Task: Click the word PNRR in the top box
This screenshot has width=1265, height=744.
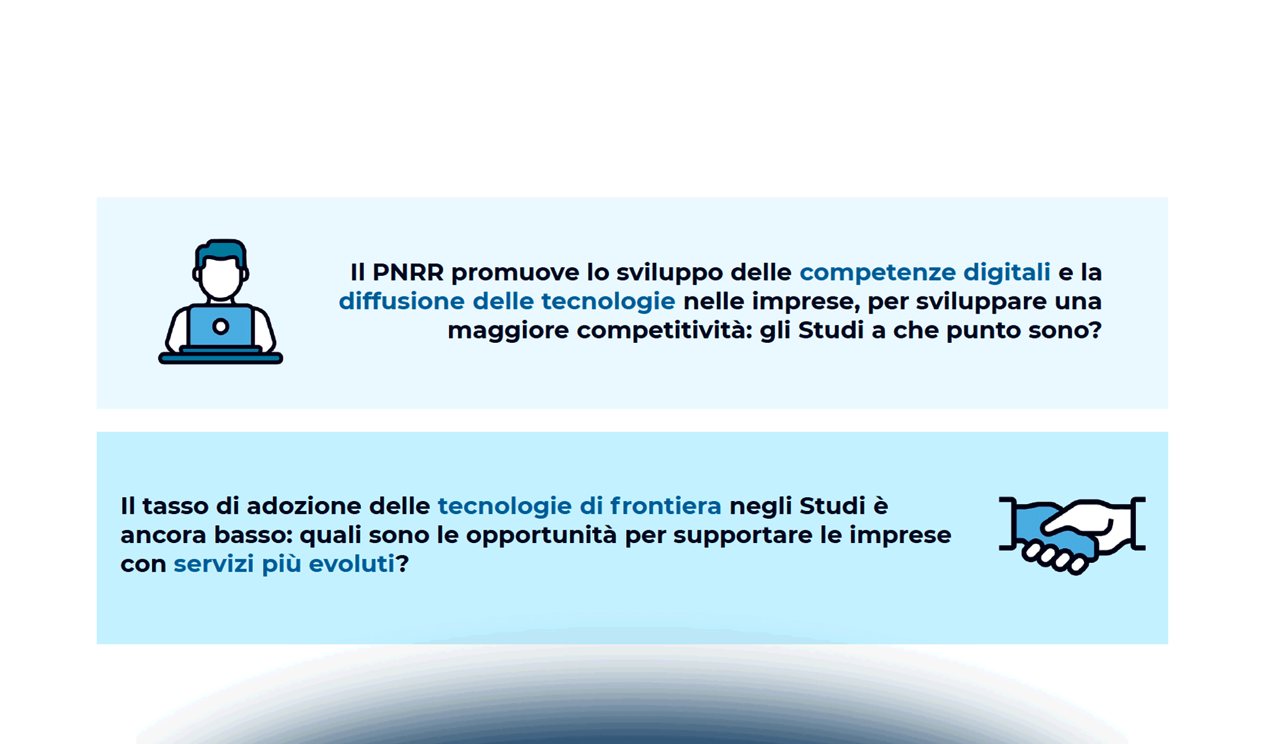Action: [x=407, y=272]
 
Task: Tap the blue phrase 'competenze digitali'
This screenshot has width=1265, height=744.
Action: [x=925, y=272]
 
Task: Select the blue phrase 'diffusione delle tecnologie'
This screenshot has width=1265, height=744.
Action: [x=507, y=301]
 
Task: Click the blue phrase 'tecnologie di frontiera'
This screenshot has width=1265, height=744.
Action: [x=579, y=506]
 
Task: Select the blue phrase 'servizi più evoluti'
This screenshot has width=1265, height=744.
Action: [x=283, y=564]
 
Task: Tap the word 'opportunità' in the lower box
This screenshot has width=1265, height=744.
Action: [x=541, y=535]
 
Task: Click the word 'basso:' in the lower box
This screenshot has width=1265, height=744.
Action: [x=253, y=535]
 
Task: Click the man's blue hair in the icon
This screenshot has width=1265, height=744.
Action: [x=221, y=250]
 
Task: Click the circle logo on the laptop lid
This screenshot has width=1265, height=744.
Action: [x=220, y=327]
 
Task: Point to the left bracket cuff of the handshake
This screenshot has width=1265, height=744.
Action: [x=1007, y=523]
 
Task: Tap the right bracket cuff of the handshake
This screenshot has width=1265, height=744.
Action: [x=1138, y=523]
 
